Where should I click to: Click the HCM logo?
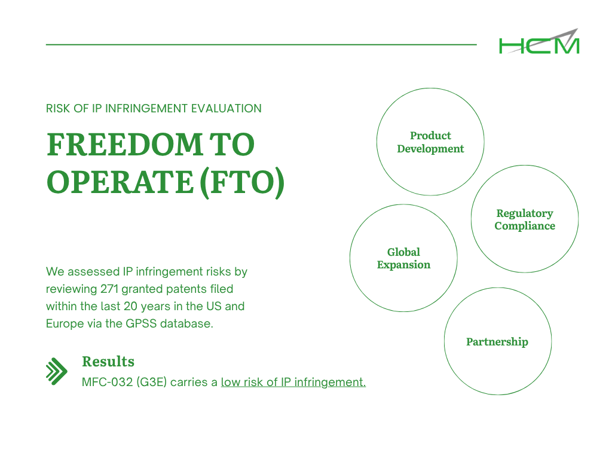coord(539,41)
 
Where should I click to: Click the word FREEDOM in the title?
coord(124,145)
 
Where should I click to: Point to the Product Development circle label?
coord(430,142)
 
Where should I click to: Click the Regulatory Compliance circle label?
coord(525,219)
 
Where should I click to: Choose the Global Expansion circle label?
coord(403,258)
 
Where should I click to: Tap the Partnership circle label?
coord(497,342)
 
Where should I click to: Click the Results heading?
coord(108,362)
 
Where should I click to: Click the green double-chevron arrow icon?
coord(57,371)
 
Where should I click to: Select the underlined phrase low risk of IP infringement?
coord(293,382)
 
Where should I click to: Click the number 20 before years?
coord(130,307)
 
